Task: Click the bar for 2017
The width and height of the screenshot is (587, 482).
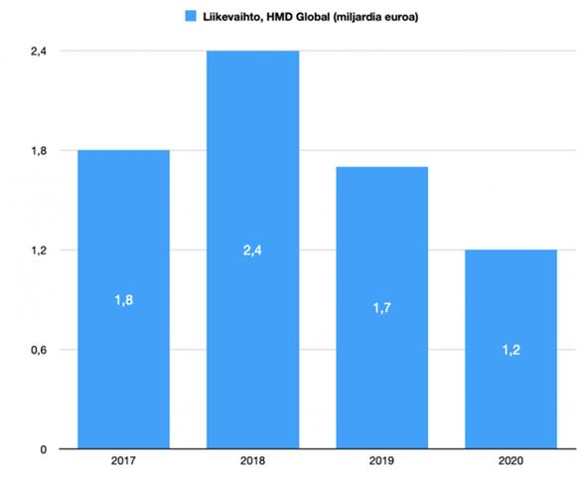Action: coord(123,298)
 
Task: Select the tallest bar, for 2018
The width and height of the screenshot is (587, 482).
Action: coord(252,248)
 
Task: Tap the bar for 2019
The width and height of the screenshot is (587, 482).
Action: coord(381,307)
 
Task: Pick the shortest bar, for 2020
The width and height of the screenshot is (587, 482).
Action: coord(511,349)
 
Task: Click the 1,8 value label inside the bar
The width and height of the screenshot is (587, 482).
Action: coord(123,300)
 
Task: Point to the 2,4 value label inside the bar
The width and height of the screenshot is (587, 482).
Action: coord(252,250)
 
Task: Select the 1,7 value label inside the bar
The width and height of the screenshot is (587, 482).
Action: coord(381,308)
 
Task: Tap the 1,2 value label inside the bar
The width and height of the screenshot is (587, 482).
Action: coord(511,350)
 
